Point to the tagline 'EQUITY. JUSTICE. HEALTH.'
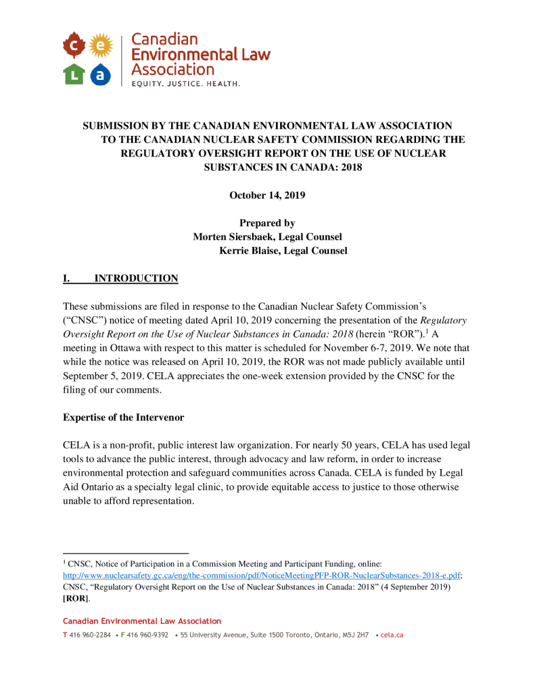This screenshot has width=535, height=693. [x=176, y=84]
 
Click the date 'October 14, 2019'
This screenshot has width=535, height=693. [x=267, y=196]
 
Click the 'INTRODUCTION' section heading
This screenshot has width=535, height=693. [x=136, y=278]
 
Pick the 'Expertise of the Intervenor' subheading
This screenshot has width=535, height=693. [x=123, y=418]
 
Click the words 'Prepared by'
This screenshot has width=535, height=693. [x=267, y=223]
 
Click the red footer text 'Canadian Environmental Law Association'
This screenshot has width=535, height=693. [x=141, y=621]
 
